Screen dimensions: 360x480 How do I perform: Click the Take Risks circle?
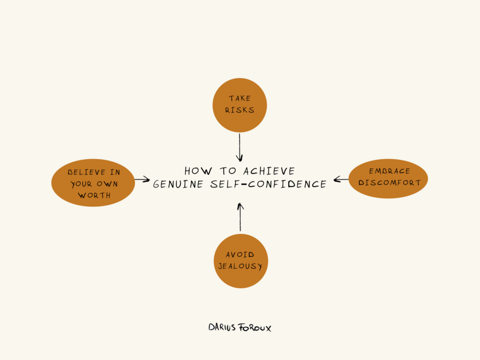point(240,105)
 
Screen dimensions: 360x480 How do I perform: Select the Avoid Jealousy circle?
point(240,261)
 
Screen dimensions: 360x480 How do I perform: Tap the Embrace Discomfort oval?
point(388,179)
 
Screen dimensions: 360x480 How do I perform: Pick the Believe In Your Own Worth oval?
point(93,184)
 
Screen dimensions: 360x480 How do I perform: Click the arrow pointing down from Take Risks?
point(240,148)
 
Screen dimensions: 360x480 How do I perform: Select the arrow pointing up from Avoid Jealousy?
point(240,217)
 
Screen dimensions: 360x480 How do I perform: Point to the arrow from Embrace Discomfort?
point(341,179)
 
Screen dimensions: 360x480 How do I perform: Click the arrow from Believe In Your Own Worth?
point(142,179)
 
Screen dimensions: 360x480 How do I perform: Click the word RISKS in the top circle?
point(240,111)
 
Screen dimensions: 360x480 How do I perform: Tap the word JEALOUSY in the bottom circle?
point(240,267)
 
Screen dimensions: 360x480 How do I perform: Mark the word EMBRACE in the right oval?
point(389,172)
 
